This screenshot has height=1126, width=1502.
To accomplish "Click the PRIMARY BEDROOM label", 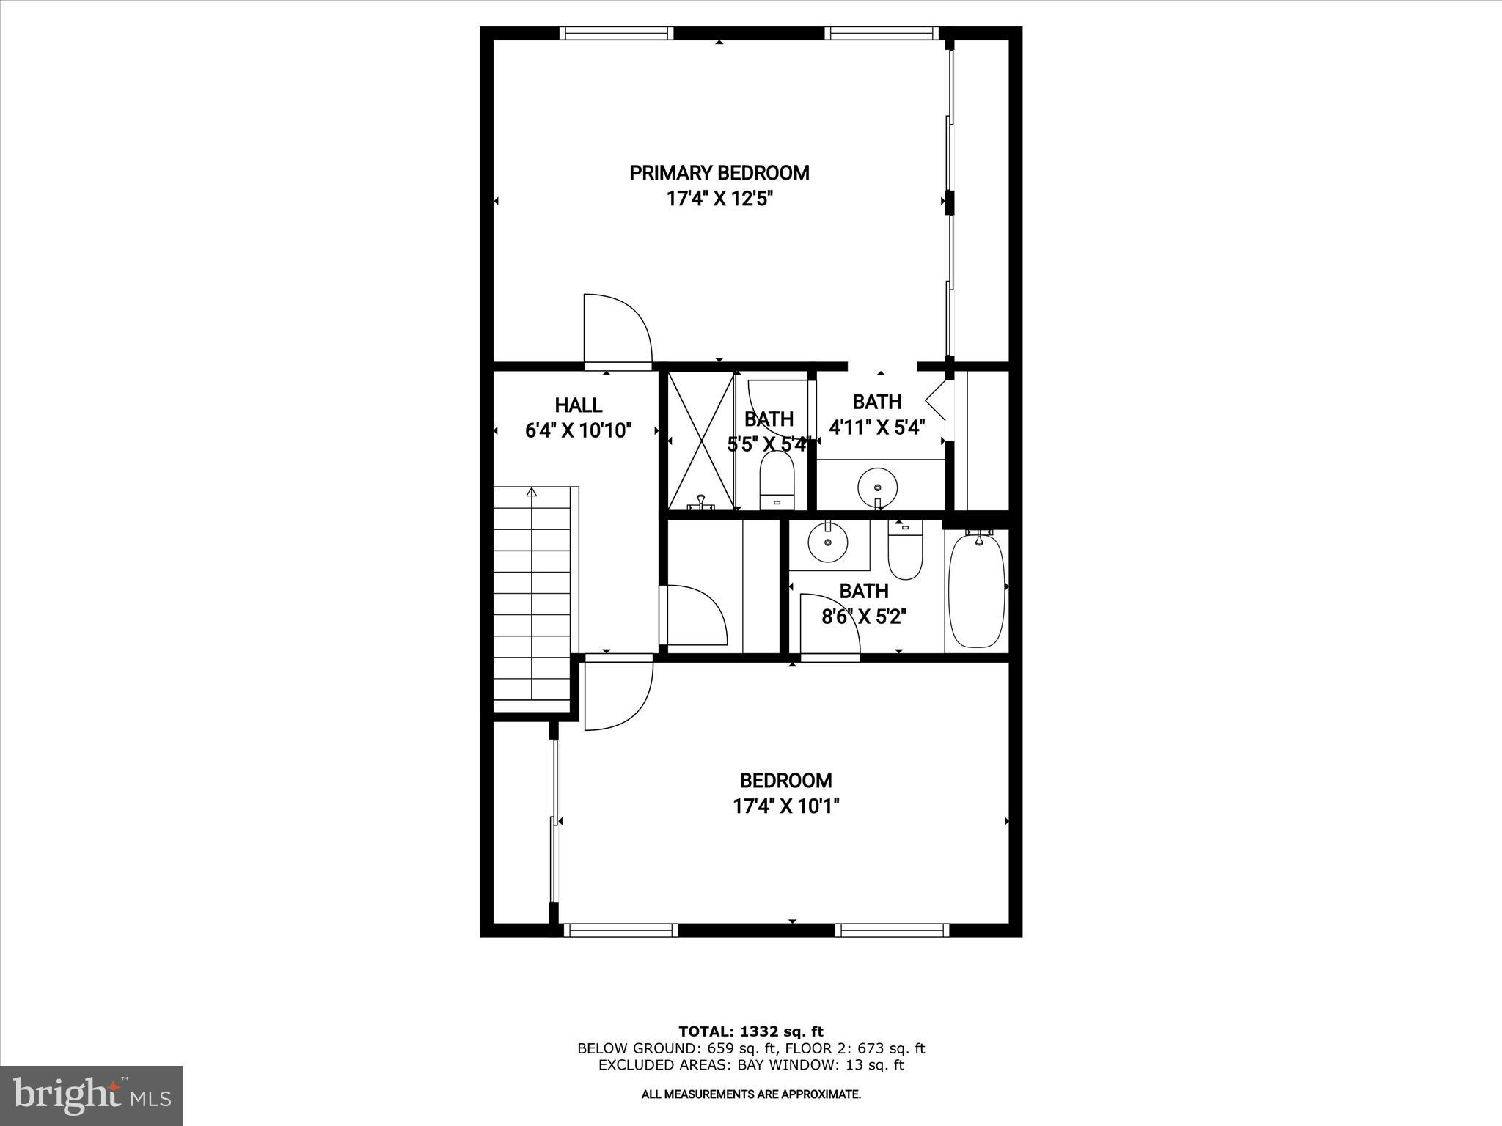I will tap(719, 173).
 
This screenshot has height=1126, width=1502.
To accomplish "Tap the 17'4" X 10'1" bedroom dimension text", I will tap(785, 806).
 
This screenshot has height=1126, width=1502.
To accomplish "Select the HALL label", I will tap(578, 405).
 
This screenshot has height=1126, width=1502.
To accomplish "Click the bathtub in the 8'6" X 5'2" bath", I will tap(976, 591).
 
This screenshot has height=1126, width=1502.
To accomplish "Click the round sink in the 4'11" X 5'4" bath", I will tap(877, 486).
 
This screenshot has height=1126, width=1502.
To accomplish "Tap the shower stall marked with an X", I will tap(701, 441).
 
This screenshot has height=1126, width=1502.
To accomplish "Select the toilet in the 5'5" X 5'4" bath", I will tap(777, 480).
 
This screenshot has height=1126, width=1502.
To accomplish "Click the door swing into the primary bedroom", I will tap(617, 330).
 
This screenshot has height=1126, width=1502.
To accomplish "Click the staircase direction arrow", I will tap(532, 493).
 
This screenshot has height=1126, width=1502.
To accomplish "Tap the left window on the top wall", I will tap(616, 33).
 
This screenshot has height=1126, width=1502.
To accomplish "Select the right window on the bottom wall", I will tap(892, 930).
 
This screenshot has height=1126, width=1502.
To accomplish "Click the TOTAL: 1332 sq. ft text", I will tap(750, 1031).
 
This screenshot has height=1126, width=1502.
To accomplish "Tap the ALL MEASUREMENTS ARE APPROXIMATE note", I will tap(750, 1094).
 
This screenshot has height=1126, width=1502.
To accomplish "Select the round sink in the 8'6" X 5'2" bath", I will tap(828, 542).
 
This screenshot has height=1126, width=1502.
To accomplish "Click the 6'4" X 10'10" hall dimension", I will tap(578, 430).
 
